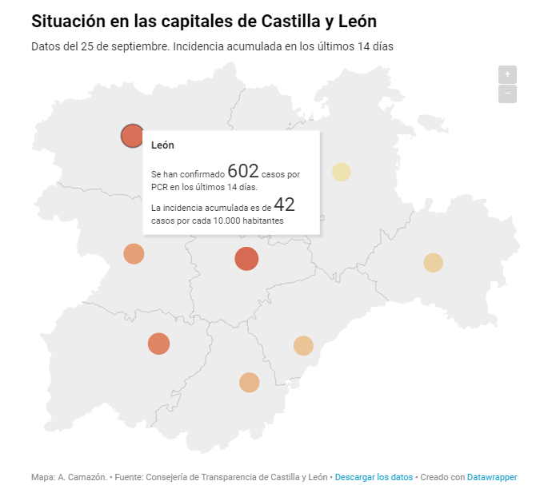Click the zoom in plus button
pos(507,74)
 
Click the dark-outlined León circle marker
pos(132,136)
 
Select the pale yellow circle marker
pos(342,172)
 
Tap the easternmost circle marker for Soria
pos(433,263)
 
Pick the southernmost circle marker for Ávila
pos(250,383)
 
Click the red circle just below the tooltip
pos(246,259)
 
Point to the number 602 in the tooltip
pos(243,171)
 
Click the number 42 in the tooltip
pos(286,205)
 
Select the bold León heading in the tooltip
pos(162,145)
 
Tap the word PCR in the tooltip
pos(158,187)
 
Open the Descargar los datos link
pos(374,477)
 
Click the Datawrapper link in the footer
pos(492,477)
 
